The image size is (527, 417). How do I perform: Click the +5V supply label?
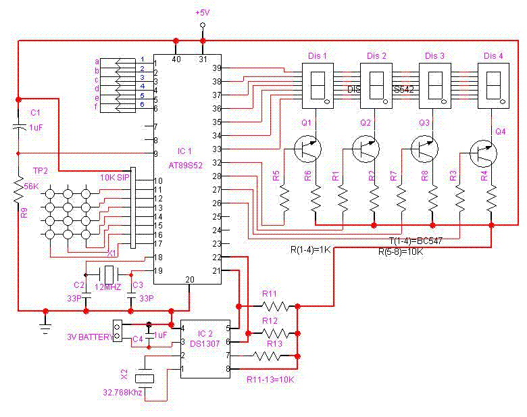coord(202,13)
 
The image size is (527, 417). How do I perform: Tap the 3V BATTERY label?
coord(89,337)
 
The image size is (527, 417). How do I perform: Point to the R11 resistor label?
coord(270,294)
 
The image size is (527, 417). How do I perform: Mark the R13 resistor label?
coord(274,343)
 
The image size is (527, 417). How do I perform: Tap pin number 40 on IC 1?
coord(176,59)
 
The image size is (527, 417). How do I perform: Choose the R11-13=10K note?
coord(270,379)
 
